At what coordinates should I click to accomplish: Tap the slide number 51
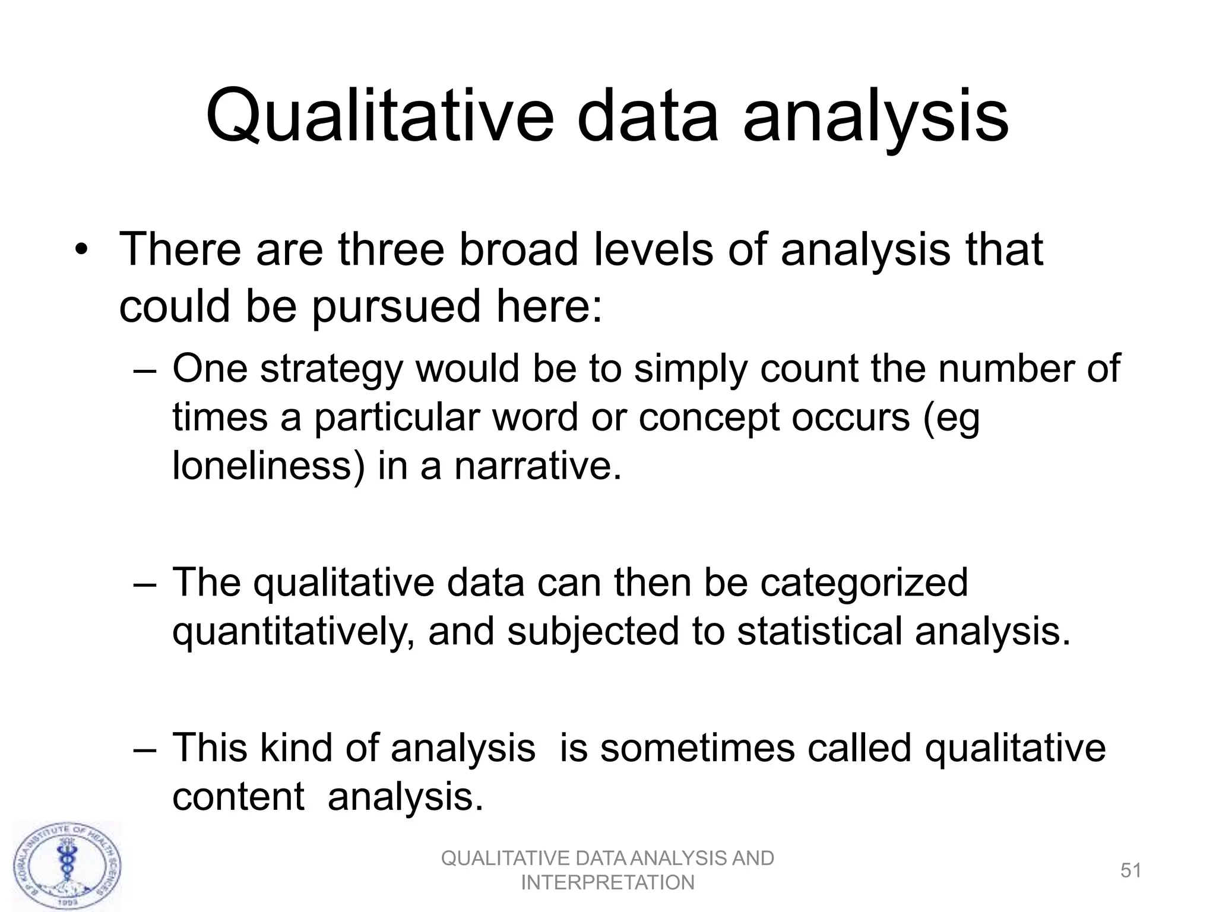tap(1131, 870)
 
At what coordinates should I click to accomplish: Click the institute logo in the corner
tap(67, 866)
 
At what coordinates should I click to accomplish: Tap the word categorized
tap(864, 583)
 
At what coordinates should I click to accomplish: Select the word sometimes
tap(697, 748)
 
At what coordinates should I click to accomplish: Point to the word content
tap(238, 797)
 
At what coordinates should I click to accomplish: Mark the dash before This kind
tap(145, 749)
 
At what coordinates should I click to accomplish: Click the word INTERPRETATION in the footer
tap(607, 883)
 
